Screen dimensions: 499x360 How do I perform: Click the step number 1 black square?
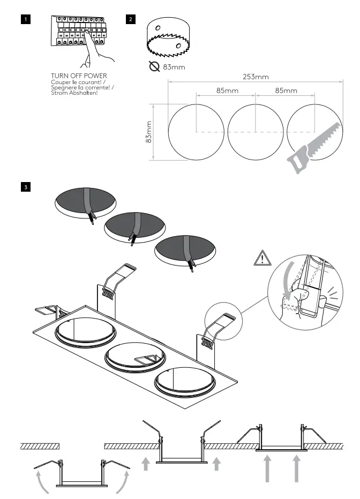pos(25,19)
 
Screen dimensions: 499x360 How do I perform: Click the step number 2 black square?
pos(131,19)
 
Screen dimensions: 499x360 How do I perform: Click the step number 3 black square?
pos(25,187)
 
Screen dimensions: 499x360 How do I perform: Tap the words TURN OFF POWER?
pos(79,75)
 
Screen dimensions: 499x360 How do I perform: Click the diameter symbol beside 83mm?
pos(154,67)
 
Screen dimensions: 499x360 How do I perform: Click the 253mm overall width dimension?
pos(256,77)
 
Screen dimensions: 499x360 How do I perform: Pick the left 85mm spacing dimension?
pos(227,90)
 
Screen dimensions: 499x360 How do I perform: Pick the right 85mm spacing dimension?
pos(286,90)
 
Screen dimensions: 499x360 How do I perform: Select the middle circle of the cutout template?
pos(256,132)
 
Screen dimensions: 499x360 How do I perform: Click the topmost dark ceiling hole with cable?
pos(86,202)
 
